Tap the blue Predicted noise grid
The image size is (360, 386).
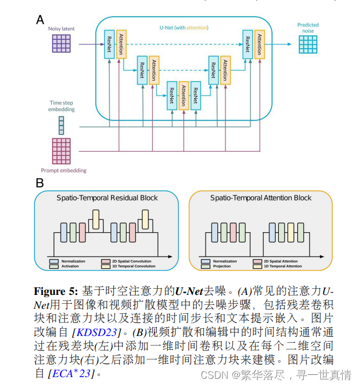coord(308,44)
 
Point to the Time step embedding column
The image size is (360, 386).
coord(62,124)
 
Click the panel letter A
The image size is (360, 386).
coord(40,20)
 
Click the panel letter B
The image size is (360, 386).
coord(40,183)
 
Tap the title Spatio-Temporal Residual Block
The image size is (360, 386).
coord(107,198)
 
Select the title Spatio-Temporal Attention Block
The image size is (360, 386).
coord(261,198)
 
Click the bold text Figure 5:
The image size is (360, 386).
coord(56,290)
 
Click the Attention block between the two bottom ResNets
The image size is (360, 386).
coord(183,96)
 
